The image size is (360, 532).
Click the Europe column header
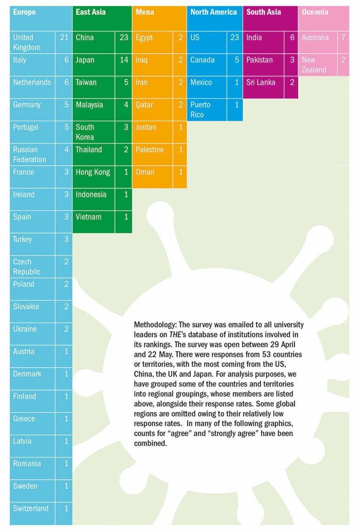click(24, 12)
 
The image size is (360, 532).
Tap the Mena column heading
click(145, 12)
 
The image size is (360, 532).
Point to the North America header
click(214, 12)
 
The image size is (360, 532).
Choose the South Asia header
click(264, 12)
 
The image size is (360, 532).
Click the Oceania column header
click(316, 12)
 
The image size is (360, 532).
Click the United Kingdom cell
click(27, 42)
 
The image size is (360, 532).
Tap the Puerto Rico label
click(201, 110)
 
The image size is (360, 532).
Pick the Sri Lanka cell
click(261, 83)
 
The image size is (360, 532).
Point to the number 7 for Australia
click(343, 38)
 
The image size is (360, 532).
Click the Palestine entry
click(150, 150)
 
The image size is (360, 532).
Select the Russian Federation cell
click(30, 155)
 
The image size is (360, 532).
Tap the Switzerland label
click(31, 509)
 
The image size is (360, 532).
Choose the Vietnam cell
click(89, 217)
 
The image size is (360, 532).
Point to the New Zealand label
click(314, 65)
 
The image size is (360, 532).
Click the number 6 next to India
click(292, 38)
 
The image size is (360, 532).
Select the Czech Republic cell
click(27, 267)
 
